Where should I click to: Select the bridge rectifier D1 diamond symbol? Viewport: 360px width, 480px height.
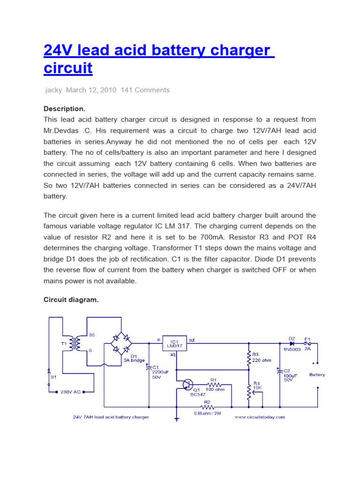click(122, 345)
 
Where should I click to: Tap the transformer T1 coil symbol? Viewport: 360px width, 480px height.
click(74, 344)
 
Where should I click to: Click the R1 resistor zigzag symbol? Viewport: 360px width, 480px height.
click(213, 385)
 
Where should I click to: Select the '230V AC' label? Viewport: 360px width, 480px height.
click(71, 392)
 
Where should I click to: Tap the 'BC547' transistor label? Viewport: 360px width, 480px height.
click(198, 395)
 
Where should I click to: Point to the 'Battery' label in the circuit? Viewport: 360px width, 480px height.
click(317, 375)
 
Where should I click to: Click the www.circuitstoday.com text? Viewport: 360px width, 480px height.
click(260, 417)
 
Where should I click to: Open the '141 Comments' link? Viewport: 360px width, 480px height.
click(145, 90)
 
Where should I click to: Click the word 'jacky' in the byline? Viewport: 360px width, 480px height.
click(53, 90)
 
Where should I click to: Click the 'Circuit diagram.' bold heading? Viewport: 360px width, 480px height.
click(71, 300)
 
